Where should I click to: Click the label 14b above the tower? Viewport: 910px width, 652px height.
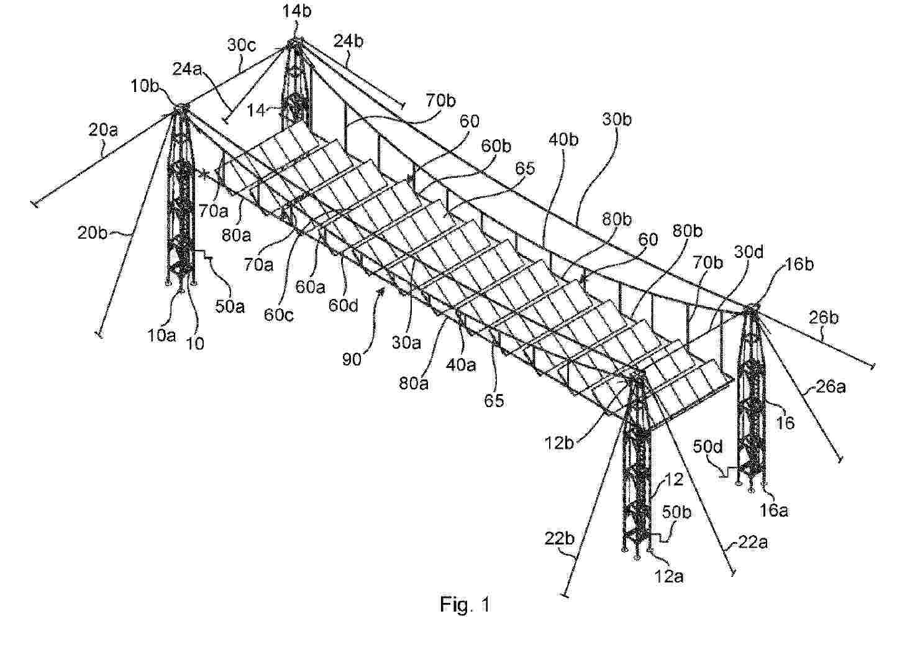pyautogui.click(x=297, y=11)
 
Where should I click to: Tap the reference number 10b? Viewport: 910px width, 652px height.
pyautogui.click(x=145, y=86)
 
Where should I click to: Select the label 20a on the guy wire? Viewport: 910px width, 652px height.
pyautogui.click(x=103, y=130)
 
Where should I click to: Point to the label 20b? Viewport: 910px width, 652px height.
pyautogui.click(x=92, y=233)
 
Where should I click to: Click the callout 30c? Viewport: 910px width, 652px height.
pyautogui.click(x=241, y=45)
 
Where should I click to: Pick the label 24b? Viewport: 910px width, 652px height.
pyautogui.click(x=348, y=42)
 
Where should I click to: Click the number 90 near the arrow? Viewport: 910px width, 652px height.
pyautogui.click(x=352, y=360)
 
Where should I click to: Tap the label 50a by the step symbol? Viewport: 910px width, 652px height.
pyautogui.click(x=230, y=306)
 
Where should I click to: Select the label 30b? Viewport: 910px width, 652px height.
pyautogui.click(x=617, y=119)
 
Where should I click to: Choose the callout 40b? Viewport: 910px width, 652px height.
pyautogui.click(x=563, y=139)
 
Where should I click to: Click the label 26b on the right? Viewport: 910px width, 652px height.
pyautogui.click(x=824, y=318)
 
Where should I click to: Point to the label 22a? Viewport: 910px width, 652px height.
pyautogui.click(x=752, y=542)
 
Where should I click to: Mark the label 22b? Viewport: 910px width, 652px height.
pyautogui.click(x=560, y=539)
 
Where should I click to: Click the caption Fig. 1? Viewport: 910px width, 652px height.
pyautogui.click(x=465, y=604)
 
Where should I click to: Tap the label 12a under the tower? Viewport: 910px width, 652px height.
pyautogui.click(x=668, y=576)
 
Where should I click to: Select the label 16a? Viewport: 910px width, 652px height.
pyautogui.click(x=773, y=510)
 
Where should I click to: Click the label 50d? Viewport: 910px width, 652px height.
pyautogui.click(x=708, y=447)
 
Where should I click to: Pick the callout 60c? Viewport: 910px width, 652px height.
pyautogui.click(x=278, y=315)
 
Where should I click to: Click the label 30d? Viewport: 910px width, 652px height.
pyautogui.click(x=748, y=252)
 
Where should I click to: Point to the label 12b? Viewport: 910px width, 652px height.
pyautogui.click(x=559, y=443)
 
